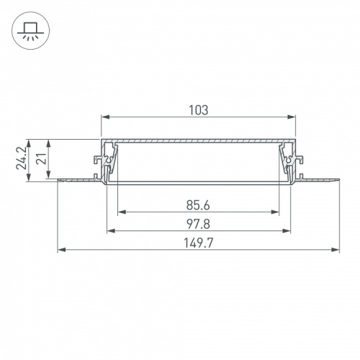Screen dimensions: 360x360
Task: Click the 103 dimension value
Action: pyautogui.click(x=198, y=110)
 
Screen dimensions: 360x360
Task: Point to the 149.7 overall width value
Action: pyautogui.click(x=198, y=243)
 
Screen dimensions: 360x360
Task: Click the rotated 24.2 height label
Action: pyautogui.click(x=24, y=160)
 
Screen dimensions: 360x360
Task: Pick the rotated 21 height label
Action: pyautogui.click(x=42, y=158)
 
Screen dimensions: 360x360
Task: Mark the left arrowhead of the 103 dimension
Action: pyautogui.click(x=103, y=117)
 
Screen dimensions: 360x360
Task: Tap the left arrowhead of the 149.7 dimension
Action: pyautogui.click(x=60, y=251)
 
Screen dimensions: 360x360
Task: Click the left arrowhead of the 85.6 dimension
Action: pyautogui.click(x=120, y=212)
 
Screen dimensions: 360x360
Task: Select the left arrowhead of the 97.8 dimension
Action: pyautogui.click(x=110, y=231)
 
